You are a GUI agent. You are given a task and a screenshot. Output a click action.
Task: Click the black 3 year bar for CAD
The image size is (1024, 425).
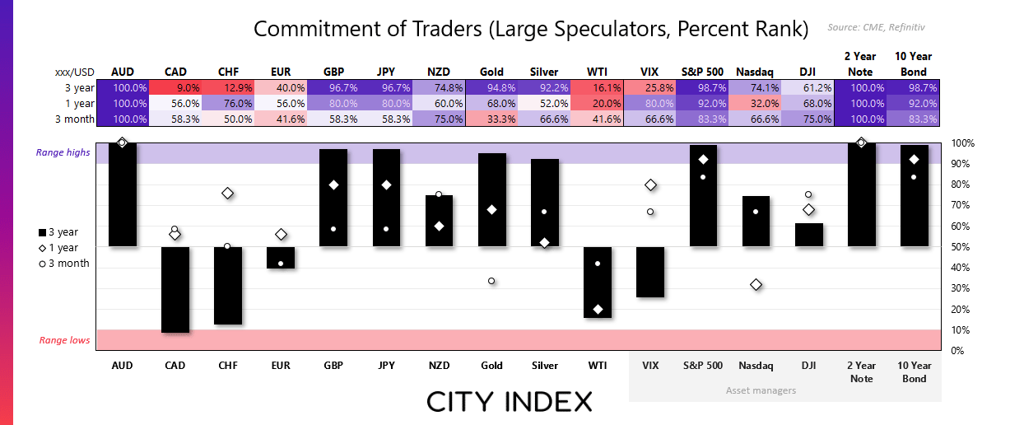click(x=175, y=290)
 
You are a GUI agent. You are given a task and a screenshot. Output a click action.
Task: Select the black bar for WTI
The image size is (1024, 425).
click(x=598, y=283)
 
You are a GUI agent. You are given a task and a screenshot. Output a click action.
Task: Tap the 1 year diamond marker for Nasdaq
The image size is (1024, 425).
click(x=756, y=284)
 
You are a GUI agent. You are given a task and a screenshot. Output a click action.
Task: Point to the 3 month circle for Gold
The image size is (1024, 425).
click(x=491, y=281)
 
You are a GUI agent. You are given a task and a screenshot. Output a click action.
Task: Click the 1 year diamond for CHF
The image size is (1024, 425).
click(x=228, y=194)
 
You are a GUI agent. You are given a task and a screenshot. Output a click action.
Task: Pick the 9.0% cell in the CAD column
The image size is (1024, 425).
click(x=175, y=88)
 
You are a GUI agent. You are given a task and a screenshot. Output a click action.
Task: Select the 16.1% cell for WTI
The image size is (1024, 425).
click(x=597, y=88)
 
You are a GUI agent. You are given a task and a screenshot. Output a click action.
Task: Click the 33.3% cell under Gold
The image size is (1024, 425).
click(x=492, y=119)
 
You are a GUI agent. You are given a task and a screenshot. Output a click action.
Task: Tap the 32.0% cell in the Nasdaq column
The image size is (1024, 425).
click(x=755, y=104)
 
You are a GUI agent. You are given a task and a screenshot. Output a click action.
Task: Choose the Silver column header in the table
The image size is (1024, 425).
click(x=544, y=72)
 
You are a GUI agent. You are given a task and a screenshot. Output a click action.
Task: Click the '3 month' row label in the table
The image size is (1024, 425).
click(x=75, y=119)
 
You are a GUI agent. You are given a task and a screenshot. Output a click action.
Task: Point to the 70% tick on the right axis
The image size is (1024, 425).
click(x=961, y=205)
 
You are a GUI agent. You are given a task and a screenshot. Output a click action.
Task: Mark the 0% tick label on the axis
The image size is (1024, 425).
click(x=957, y=351)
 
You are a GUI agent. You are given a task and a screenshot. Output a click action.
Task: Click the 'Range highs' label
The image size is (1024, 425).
click(x=63, y=152)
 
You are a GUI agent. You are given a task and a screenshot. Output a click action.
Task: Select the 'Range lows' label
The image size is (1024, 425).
click(x=64, y=340)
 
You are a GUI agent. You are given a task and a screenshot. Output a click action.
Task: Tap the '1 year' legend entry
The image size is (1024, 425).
click(x=58, y=247)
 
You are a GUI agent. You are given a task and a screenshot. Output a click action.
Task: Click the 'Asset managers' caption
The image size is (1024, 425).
click(x=761, y=390)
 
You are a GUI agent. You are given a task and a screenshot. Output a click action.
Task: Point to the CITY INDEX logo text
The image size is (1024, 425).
click(x=510, y=402)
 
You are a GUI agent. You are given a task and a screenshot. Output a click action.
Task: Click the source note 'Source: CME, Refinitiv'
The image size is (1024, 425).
click(x=876, y=27)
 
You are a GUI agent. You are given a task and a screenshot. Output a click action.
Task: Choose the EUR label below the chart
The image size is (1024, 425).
click(x=281, y=366)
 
